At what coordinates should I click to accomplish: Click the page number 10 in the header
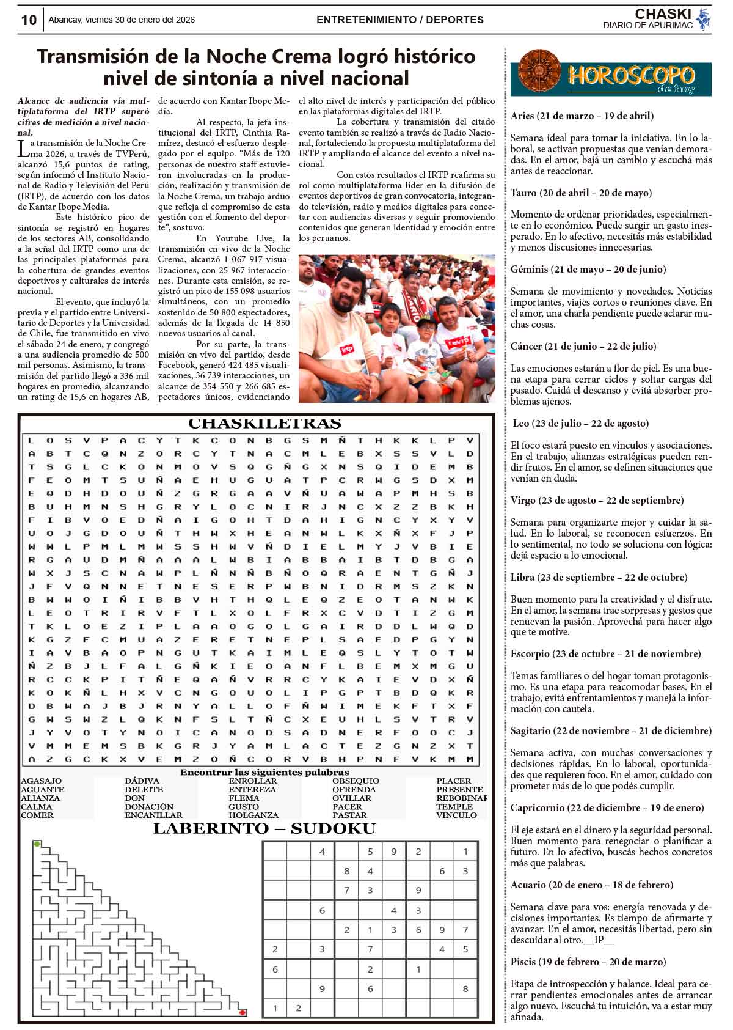(x=28, y=20)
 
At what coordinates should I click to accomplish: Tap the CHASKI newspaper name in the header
(x=663, y=14)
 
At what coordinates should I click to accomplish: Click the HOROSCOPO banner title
(x=631, y=76)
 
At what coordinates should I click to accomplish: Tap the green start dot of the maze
(x=37, y=844)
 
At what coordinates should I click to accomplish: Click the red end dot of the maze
(x=243, y=1012)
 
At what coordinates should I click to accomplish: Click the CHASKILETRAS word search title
(x=264, y=423)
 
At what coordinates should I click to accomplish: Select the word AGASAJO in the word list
(x=41, y=781)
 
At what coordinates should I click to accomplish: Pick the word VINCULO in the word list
(x=456, y=815)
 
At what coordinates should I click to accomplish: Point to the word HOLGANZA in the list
(x=253, y=815)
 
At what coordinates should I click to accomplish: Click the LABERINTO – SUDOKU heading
(x=264, y=829)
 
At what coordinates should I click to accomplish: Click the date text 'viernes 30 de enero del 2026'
(x=140, y=20)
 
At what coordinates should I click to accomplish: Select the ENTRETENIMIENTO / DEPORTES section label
(x=399, y=20)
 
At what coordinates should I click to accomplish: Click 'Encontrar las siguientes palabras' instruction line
(x=264, y=772)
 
